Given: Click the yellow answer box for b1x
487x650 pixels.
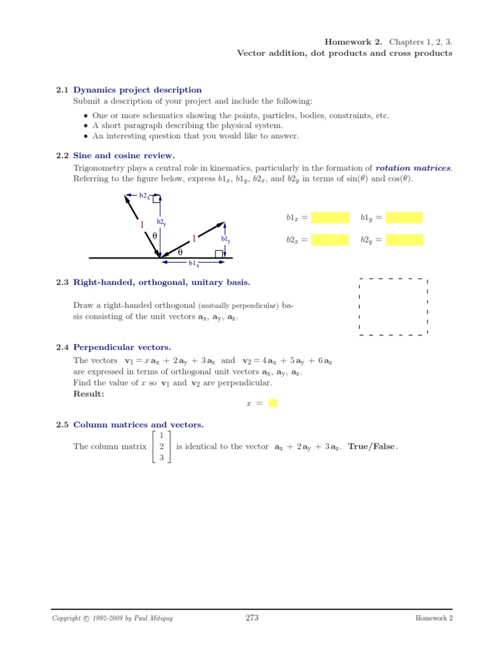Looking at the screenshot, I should pyautogui.click(x=330, y=218).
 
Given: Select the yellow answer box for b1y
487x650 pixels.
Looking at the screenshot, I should pyautogui.click(x=404, y=218).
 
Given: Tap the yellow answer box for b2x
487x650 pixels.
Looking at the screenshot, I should pyautogui.click(x=330, y=240).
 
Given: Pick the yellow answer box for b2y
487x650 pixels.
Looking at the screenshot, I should pyautogui.click(x=404, y=240).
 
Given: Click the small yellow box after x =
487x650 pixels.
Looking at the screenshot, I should pyautogui.click(x=273, y=403).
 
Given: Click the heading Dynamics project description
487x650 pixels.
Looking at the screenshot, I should pyautogui.click(x=138, y=90).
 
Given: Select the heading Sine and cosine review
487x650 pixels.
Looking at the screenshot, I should pyautogui.click(x=124, y=156).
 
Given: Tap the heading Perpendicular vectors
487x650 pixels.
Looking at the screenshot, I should pyautogui.click(x=122, y=347).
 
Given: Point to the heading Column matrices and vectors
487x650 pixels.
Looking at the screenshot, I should pyautogui.click(x=138, y=425).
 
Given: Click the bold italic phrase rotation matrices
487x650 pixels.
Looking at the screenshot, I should pyautogui.click(x=413, y=168).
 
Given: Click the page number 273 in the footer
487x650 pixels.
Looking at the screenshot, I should pyautogui.click(x=252, y=618).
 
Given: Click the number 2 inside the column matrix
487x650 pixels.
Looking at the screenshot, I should pyautogui.click(x=162, y=446).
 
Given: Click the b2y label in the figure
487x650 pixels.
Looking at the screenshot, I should pyautogui.click(x=161, y=223).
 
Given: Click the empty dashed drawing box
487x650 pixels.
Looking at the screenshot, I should pyautogui.click(x=393, y=306).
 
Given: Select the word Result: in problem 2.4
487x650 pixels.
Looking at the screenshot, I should pyautogui.click(x=89, y=394).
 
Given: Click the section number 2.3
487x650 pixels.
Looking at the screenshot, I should pyautogui.click(x=62, y=282).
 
